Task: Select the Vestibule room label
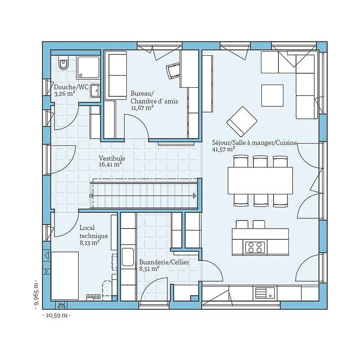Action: (112, 158)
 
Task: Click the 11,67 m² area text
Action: (142, 108)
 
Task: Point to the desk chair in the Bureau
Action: (173, 71)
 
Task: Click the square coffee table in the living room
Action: (272, 95)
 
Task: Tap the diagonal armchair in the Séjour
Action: (242, 121)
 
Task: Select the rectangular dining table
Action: (260, 181)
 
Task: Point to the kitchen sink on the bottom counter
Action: (265, 293)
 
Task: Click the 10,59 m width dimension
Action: (57, 315)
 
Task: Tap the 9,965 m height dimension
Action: (36, 295)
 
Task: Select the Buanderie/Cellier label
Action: (164, 262)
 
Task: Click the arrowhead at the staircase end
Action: (195, 196)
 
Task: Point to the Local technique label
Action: (94, 232)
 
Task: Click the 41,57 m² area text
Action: (223, 149)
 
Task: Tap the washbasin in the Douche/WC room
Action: (95, 91)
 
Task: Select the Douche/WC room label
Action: (71, 87)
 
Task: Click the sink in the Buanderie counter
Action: (128, 256)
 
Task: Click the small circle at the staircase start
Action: (91, 196)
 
